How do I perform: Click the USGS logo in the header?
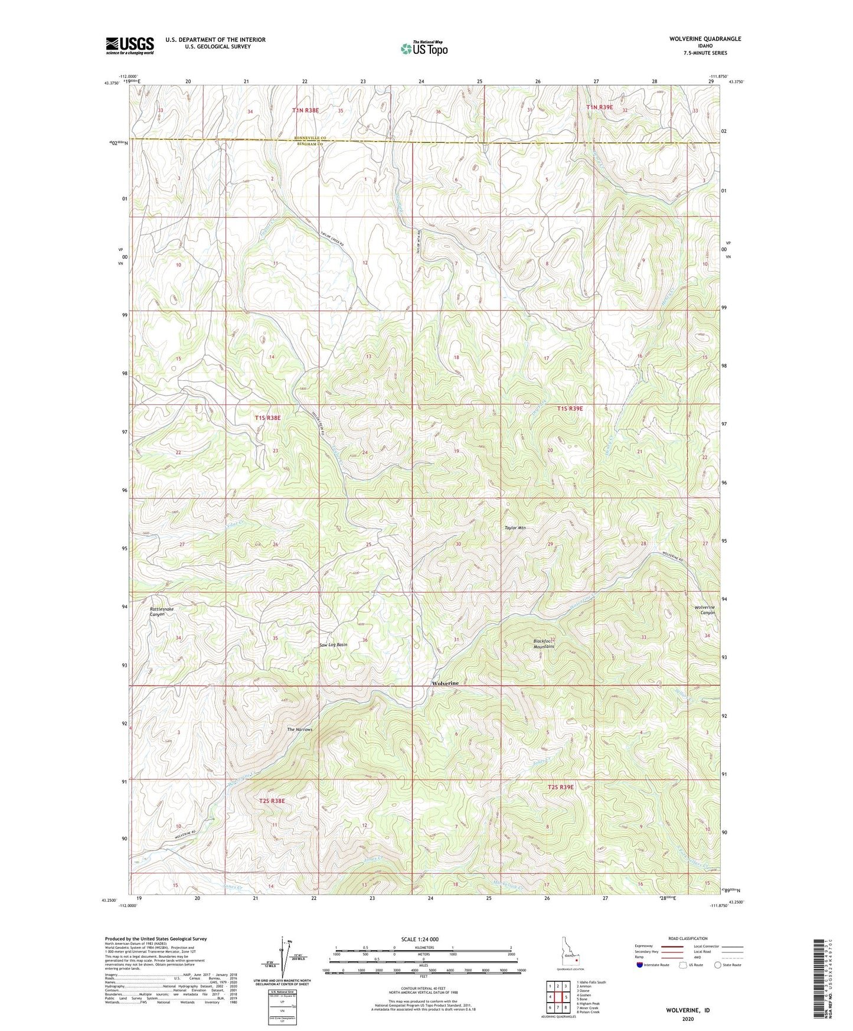pos(130,45)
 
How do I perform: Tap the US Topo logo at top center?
pos(423,48)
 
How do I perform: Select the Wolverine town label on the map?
pos(445,683)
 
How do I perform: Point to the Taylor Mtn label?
pos(514,528)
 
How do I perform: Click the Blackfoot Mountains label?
pos(544,644)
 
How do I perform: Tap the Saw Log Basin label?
pos(333,645)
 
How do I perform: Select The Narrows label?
pos(299,730)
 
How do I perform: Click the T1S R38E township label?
pos(267,417)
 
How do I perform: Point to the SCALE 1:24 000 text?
pos(419,939)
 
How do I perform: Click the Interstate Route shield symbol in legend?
pos(640,965)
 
